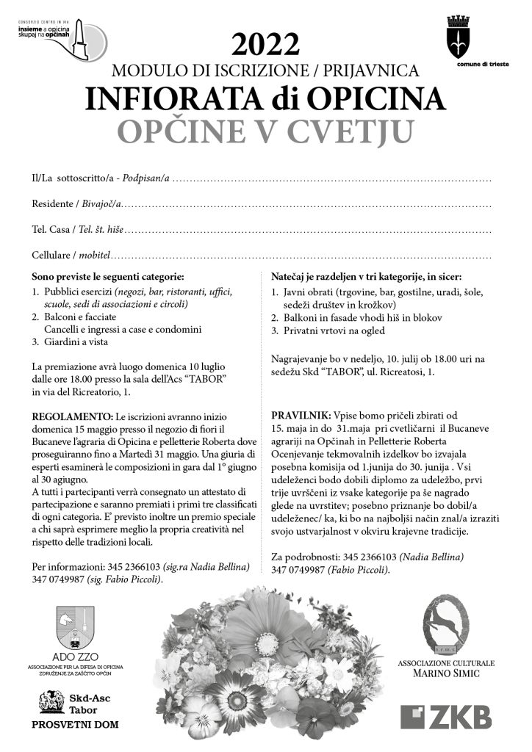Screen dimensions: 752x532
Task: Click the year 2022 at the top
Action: pos(266,46)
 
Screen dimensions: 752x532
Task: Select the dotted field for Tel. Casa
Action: pos(309,231)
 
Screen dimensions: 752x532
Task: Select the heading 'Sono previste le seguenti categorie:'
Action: pos(107,278)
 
